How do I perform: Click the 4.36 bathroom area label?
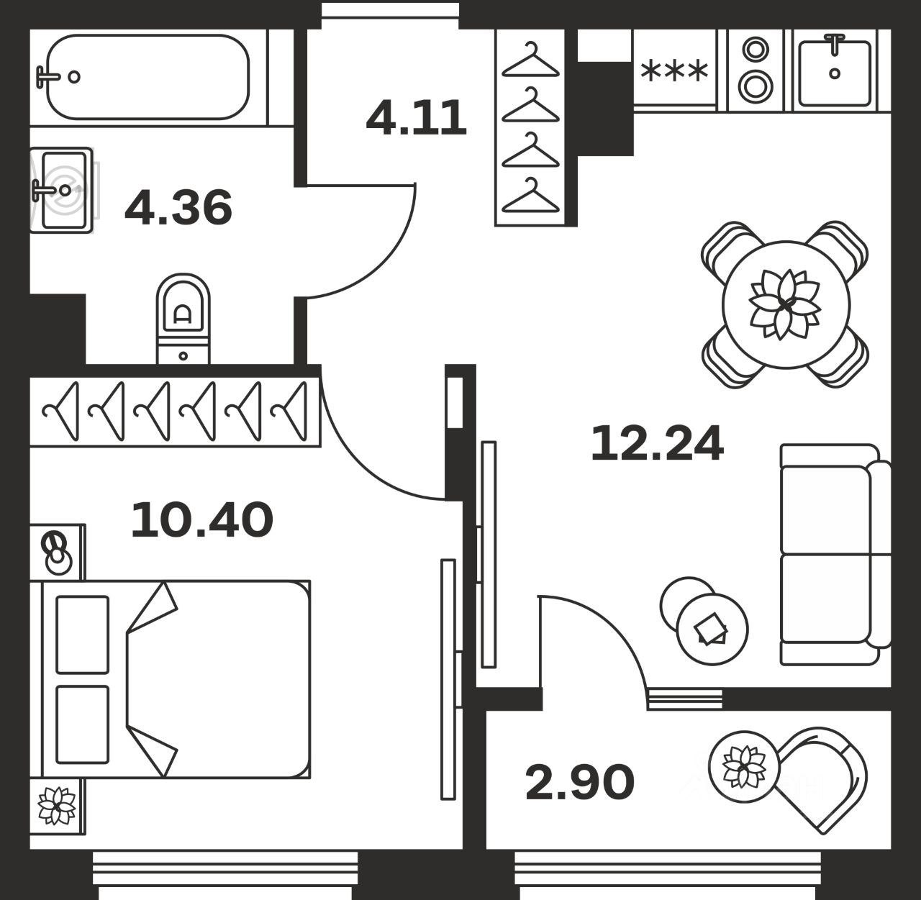(178, 206)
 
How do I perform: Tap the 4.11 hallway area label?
(417, 117)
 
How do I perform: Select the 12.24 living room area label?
(658, 443)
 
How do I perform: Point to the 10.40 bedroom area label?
(202, 520)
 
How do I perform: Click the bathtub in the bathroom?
(148, 77)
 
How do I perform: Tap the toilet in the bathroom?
(183, 319)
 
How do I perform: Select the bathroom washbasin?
(62, 190)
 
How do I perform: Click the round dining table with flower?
(786, 304)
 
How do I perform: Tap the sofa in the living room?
(835, 554)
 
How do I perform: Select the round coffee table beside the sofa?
(712, 629)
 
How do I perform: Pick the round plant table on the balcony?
(745, 767)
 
